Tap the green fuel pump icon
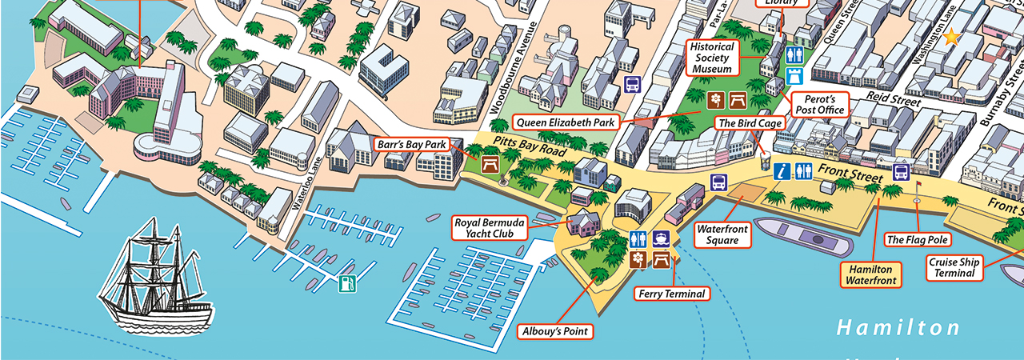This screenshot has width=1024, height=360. tap(346, 283)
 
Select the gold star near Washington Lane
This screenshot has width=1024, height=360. tap(950, 37)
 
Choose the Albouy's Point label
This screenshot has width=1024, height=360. tap(555, 330)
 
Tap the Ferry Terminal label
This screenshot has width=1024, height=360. tap(672, 294)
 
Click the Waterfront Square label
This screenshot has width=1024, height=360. tap(722, 234)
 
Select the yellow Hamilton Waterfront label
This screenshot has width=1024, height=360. tap(870, 274)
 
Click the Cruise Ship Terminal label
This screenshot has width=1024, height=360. tap(954, 267)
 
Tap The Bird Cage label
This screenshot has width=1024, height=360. tap(748, 123)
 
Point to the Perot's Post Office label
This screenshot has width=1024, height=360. tap(819, 104)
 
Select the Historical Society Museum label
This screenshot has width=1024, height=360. tap(712, 58)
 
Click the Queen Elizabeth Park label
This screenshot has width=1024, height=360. tap(566, 123)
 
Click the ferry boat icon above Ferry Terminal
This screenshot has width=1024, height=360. tap(661, 239)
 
